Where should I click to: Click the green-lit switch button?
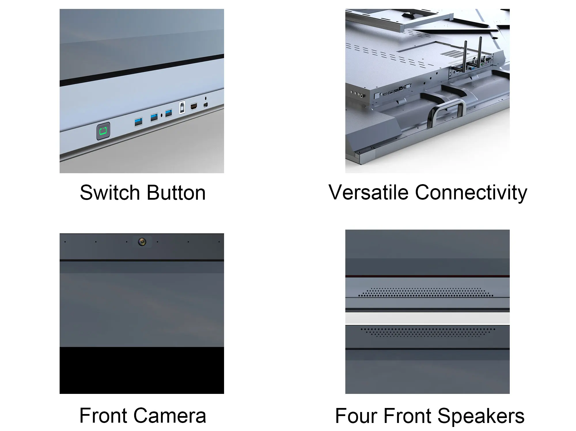point(103,131)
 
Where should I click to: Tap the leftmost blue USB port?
point(139,122)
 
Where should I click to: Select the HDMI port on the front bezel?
point(194,107)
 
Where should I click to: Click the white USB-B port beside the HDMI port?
point(182,108)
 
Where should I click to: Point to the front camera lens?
point(142,242)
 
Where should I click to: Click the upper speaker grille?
point(426,293)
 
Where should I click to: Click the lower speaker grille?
point(427,332)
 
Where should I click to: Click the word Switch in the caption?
point(109,193)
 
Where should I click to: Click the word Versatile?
point(368,192)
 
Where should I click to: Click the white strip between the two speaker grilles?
point(427,318)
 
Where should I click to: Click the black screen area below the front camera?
point(142,370)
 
